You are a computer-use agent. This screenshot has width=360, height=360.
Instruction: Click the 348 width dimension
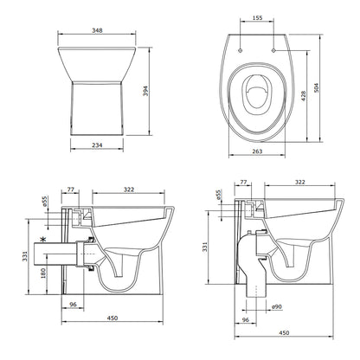pyautogui.click(x=97, y=30)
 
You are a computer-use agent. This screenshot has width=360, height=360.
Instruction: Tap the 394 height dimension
pyautogui.click(x=145, y=91)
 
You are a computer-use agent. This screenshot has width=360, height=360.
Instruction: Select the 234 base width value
pyautogui.click(x=97, y=145)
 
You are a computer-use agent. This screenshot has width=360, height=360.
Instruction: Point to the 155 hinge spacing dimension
pyautogui.click(x=257, y=18)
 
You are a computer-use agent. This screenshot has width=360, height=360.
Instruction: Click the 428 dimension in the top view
pyautogui.click(x=304, y=96)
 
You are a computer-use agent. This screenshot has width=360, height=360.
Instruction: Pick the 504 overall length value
pyautogui.click(x=317, y=87)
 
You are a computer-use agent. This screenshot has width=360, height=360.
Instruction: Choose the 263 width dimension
pyautogui.click(x=257, y=151)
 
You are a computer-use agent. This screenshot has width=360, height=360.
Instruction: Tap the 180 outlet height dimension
pyautogui.click(x=43, y=273)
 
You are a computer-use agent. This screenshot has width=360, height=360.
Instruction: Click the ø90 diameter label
pyautogui.click(x=277, y=307)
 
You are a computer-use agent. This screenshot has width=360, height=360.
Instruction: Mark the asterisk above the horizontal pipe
pyautogui.click(x=43, y=240)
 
